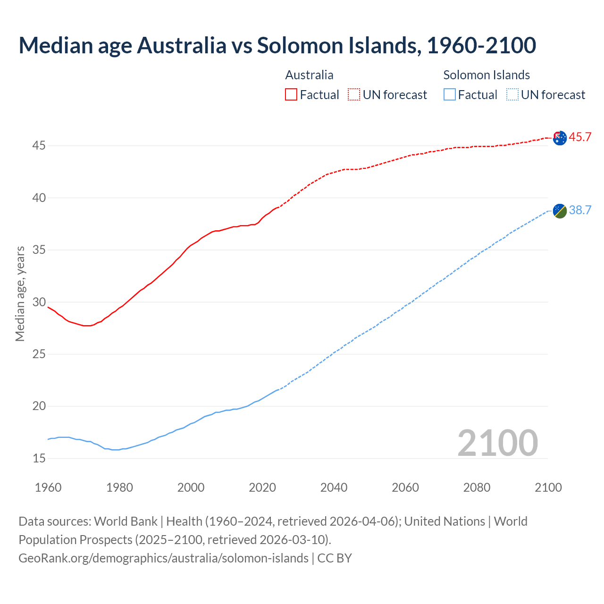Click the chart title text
[x=277, y=45]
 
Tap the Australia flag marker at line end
[x=560, y=138]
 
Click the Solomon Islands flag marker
[x=560, y=211]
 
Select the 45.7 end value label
[x=580, y=137]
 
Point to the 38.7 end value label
[x=580, y=210]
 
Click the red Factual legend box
[x=291, y=94]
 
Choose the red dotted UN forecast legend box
[x=354, y=94]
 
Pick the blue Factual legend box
[x=450, y=94]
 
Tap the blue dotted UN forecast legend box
[x=512, y=94]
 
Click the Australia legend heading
[x=309, y=75]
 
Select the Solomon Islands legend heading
[x=486, y=75]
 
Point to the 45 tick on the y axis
[x=39, y=146]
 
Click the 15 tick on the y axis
[x=39, y=458]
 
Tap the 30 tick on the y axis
[x=39, y=302]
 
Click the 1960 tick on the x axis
[x=48, y=487]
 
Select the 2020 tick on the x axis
[x=262, y=487]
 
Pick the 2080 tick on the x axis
[x=477, y=487]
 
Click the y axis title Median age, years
[x=20, y=294]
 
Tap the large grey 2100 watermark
[x=497, y=443]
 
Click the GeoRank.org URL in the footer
[x=163, y=558]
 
